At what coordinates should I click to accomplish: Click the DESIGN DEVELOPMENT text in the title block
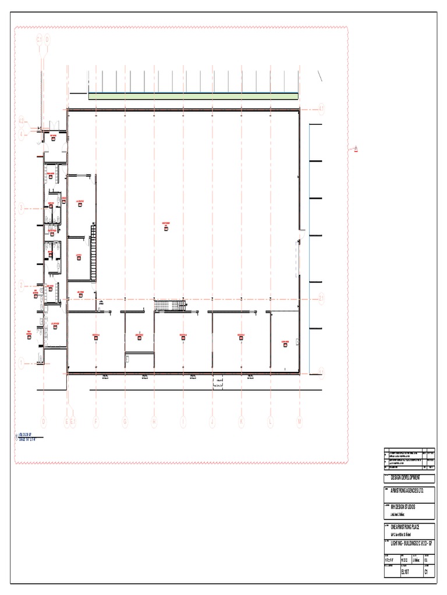[408, 477]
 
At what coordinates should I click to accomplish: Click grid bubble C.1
[40, 40]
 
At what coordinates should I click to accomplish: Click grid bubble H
[154, 422]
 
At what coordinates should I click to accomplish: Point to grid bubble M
[300, 422]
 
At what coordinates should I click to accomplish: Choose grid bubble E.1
[73, 422]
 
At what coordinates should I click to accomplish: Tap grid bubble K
[241, 422]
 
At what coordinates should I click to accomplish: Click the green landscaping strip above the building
[194, 96]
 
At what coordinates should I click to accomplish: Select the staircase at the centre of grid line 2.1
[169, 306]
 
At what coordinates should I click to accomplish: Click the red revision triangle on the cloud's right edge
[355, 149]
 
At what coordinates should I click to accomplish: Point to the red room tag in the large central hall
[166, 228]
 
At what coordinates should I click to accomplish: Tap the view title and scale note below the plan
[28, 437]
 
